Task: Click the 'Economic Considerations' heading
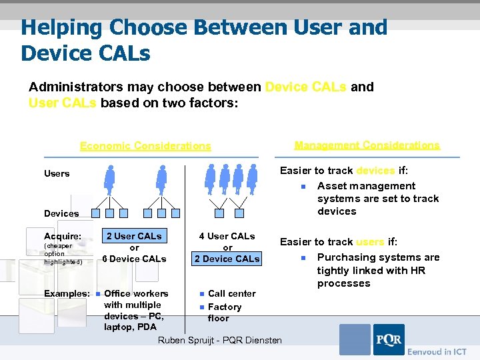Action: click(145, 146)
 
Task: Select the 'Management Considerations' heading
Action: click(367, 145)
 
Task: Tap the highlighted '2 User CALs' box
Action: click(134, 236)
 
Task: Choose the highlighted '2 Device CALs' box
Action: click(227, 259)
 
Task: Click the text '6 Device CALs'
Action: click(134, 259)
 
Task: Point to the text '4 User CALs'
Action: click(227, 236)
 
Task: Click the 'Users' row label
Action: click(57, 173)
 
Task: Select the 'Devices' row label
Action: click(61, 213)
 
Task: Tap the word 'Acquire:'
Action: click(63, 236)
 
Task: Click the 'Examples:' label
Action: click(67, 293)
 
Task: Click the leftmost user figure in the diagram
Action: click(109, 179)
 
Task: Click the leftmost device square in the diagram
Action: click(96, 213)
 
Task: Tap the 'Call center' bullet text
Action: click(231, 293)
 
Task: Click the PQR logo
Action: click(388, 339)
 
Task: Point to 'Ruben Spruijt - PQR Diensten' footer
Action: click(219, 341)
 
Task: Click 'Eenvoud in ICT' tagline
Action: click(437, 351)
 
